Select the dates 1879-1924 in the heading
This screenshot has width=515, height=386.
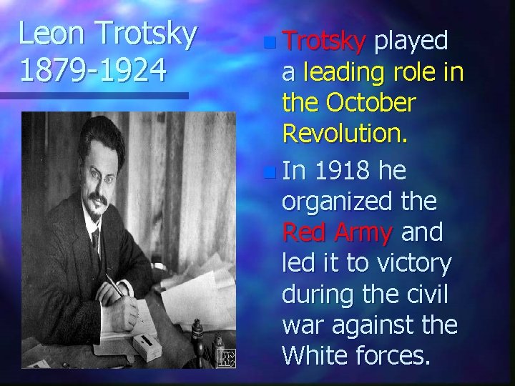tap(93, 71)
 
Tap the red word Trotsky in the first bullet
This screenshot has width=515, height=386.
tap(324, 41)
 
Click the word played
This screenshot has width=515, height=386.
tap(412, 41)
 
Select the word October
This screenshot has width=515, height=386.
tap(370, 103)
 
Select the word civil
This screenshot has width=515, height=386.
tap(434, 294)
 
